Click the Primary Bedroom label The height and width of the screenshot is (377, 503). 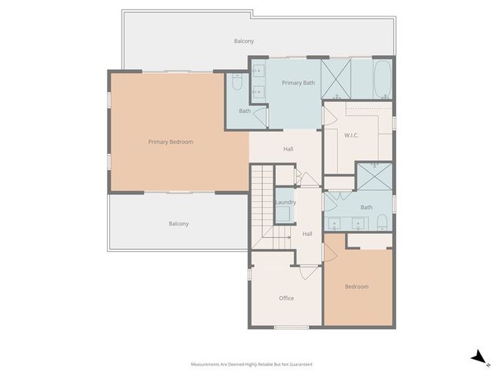(171, 142)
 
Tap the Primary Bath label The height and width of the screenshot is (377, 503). (298, 82)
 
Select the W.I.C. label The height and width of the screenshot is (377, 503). (351, 135)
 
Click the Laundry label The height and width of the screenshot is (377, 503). (285, 203)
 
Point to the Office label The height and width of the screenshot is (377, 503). (286, 298)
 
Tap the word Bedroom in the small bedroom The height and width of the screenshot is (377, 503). (357, 287)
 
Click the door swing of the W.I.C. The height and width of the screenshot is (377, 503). (330, 115)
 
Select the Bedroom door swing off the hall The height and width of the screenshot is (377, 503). (330, 252)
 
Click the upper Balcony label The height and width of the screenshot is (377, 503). (244, 41)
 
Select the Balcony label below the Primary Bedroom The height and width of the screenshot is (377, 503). (178, 224)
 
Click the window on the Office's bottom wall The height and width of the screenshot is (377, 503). (291, 327)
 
